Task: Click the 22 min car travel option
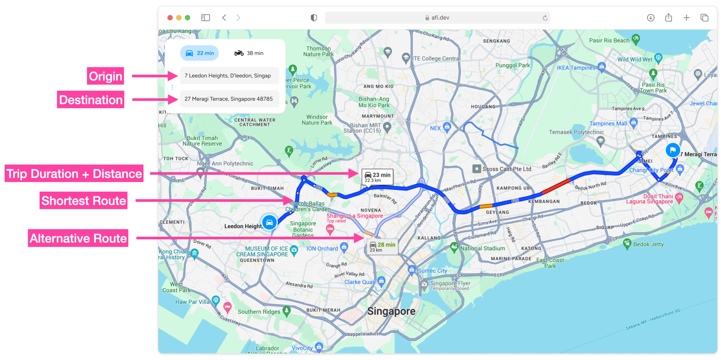pyautogui.click(x=199, y=53)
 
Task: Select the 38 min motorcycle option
pyautogui.click(x=249, y=53)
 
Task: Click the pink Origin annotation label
pyautogui.click(x=105, y=76)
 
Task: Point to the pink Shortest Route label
pyautogui.click(x=84, y=200)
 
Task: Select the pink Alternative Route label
pyautogui.click(x=78, y=238)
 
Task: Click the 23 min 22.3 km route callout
pyautogui.click(x=377, y=177)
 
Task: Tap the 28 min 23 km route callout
pyautogui.click(x=382, y=247)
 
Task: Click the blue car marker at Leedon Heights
pyautogui.click(x=269, y=222)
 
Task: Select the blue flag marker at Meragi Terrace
pyautogui.click(x=672, y=150)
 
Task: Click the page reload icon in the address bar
pyautogui.click(x=545, y=18)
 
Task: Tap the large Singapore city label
pyautogui.click(x=391, y=311)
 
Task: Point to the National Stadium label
pyautogui.click(x=482, y=248)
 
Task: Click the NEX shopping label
pyautogui.click(x=435, y=128)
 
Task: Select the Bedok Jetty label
pyautogui.click(x=648, y=244)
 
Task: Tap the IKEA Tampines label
pyautogui.click(x=576, y=68)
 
